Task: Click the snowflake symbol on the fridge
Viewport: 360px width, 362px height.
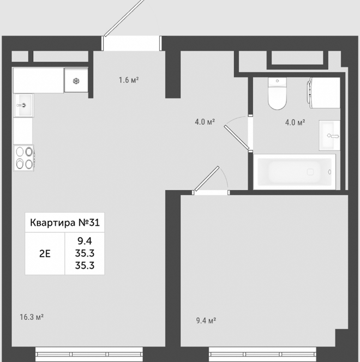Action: click(x=76, y=81)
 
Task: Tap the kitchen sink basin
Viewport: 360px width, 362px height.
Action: click(x=23, y=105)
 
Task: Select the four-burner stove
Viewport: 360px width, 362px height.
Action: click(x=24, y=158)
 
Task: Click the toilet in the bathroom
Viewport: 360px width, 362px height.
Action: click(x=277, y=94)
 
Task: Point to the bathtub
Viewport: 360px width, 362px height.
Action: click(x=295, y=172)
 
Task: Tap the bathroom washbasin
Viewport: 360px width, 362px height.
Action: click(x=329, y=135)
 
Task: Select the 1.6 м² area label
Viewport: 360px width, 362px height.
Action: click(x=129, y=80)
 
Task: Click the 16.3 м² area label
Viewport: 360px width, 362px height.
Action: click(x=32, y=317)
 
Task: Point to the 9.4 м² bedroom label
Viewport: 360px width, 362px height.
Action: click(x=206, y=321)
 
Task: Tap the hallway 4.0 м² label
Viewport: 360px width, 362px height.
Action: click(x=205, y=122)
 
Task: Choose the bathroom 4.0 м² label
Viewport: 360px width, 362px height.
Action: click(x=295, y=122)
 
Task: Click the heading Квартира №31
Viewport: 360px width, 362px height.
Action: click(x=65, y=222)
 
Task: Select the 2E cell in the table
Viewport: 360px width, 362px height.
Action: click(x=45, y=254)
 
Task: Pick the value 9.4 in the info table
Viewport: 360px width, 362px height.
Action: click(x=85, y=241)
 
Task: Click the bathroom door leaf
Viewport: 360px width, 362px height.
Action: click(x=237, y=137)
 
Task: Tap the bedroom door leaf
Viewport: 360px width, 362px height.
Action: click(x=207, y=178)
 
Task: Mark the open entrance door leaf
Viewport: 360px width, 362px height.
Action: click(x=124, y=18)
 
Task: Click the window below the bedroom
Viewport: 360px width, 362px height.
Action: click(x=262, y=354)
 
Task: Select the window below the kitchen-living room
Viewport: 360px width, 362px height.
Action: click(x=89, y=354)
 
